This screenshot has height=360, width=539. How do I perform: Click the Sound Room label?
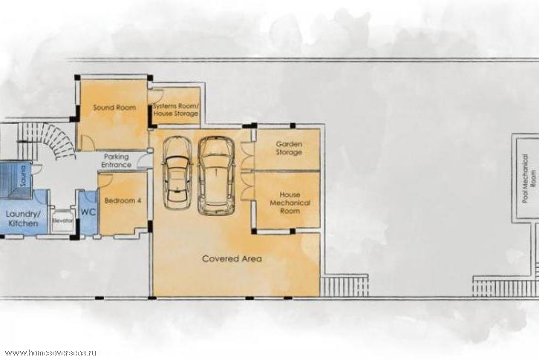click(x=114, y=108)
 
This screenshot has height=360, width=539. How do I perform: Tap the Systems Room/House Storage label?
click(x=176, y=109)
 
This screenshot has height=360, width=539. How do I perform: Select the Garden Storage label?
click(x=289, y=148)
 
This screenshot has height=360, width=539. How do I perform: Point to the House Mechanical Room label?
click(x=290, y=203)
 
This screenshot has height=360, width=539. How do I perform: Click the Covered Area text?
click(x=232, y=258)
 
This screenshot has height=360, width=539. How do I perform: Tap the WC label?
click(x=88, y=212)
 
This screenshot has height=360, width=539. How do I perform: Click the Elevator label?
click(x=62, y=220)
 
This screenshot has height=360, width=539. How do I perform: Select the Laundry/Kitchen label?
click(x=23, y=219)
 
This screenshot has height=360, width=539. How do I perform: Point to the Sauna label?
click(x=23, y=176)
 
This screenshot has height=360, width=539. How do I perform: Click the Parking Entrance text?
click(x=116, y=160)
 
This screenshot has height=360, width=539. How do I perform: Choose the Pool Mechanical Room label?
click(x=529, y=178)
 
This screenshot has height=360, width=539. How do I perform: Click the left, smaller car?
click(x=177, y=173)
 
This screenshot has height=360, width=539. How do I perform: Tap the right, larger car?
click(x=216, y=176)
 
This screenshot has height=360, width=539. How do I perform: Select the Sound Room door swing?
click(x=86, y=142)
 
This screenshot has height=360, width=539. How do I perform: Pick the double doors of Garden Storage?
click(x=248, y=155)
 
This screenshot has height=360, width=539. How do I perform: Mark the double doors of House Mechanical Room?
click(x=248, y=186)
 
